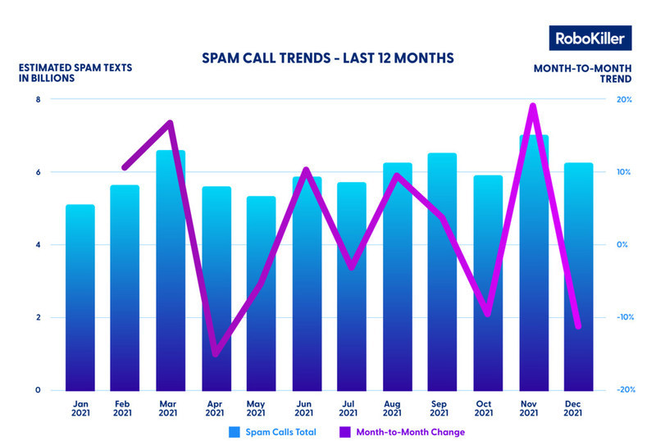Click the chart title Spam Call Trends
click(328, 59)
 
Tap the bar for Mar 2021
click(171, 271)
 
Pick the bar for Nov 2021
click(533, 262)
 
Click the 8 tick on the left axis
click(38, 100)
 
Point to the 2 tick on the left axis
click(38, 317)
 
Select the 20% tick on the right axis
click(623, 100)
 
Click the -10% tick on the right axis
click(622, 317)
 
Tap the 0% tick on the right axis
click(623, 245)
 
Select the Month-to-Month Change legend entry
click(409, 431)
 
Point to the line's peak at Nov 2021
click(533, 106)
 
